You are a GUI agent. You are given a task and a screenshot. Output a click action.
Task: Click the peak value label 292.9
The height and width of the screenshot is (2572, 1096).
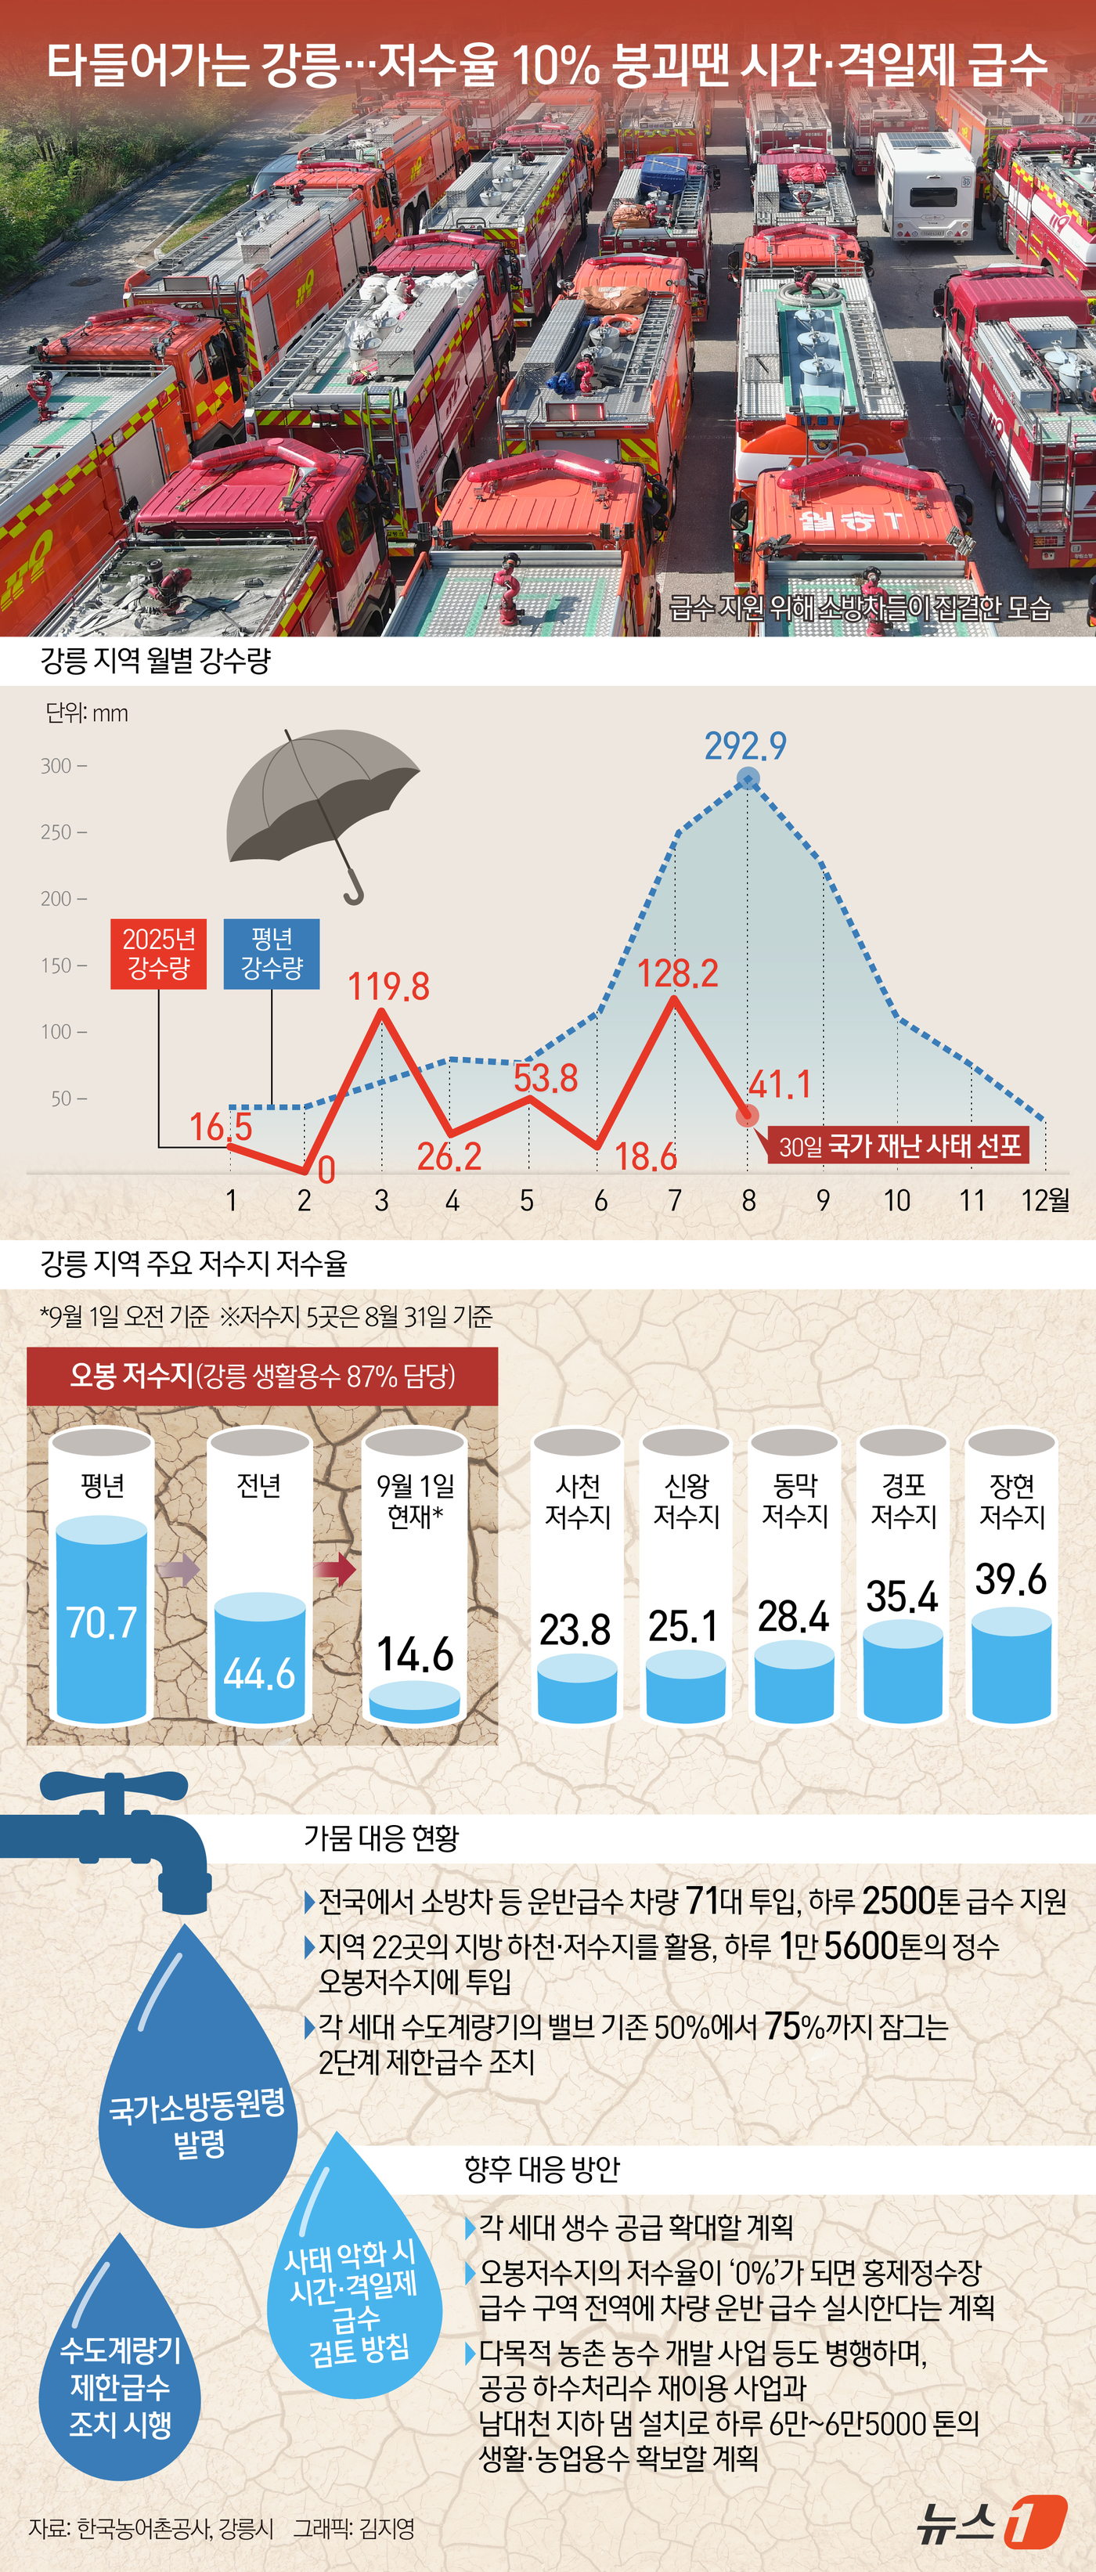744,745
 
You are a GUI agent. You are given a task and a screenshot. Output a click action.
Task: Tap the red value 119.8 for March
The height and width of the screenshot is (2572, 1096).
388,987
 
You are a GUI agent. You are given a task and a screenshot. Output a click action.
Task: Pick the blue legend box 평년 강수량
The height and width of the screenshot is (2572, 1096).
272,954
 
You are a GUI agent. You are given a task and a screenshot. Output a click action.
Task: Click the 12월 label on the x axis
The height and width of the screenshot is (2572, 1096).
1044,1200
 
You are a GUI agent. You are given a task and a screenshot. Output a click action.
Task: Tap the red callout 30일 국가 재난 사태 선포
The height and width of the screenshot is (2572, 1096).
900,1145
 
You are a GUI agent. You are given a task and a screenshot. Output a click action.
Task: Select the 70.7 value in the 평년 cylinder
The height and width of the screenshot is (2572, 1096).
101,1622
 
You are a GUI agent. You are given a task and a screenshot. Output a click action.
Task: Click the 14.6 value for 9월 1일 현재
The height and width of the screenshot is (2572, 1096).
415,1654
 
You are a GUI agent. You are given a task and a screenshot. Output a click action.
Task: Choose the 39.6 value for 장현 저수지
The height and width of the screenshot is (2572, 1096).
1010,1579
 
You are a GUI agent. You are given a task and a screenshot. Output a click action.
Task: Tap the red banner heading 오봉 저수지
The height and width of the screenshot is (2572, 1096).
261,1376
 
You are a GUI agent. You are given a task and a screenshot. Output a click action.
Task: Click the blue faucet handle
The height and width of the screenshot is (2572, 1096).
115,1792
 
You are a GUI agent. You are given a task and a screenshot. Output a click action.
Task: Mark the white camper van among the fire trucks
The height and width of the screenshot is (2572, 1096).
925,185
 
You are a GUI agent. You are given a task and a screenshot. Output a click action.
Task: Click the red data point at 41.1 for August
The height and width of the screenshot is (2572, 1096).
747,1115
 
